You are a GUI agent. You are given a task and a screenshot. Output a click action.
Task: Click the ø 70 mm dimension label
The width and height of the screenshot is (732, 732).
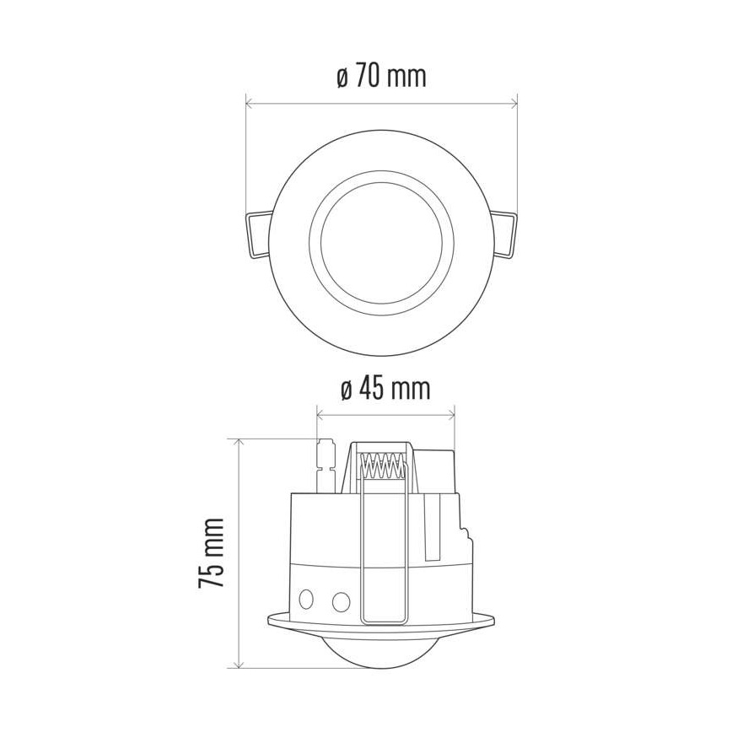click(380, 77)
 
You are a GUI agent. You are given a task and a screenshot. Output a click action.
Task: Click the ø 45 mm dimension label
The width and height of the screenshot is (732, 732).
click(385, 389)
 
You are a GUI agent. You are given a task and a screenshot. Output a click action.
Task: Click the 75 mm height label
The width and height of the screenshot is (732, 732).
click(213, 553)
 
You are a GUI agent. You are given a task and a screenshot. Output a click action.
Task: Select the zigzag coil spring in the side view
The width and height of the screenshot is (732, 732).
click(382, 466)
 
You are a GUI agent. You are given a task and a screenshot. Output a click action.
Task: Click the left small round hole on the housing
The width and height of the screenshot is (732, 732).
click(308, 600)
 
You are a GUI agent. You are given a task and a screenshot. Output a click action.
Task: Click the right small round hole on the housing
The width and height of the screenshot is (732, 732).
click(341, 601)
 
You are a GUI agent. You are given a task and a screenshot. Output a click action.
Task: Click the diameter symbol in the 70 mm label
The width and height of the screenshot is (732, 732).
click(342, 78)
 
